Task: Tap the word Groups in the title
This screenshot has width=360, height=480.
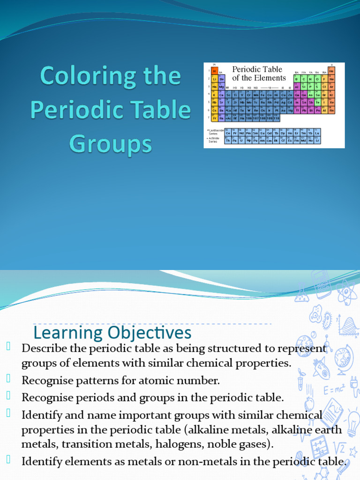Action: [111, 144]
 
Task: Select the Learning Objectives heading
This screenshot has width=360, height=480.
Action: [112, 333]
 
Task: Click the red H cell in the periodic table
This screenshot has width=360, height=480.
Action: [215, 71]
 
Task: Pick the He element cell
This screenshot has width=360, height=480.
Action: [331, 71]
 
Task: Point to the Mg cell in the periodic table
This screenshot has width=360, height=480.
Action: [222, 87]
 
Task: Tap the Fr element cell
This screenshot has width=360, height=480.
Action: [215, 118]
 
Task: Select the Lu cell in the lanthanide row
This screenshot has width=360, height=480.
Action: [317, 133]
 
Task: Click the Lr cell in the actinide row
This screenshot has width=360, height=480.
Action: [317, 140]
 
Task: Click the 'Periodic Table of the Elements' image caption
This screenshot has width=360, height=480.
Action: [259, 74]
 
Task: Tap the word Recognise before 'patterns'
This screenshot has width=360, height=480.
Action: [45, 380]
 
